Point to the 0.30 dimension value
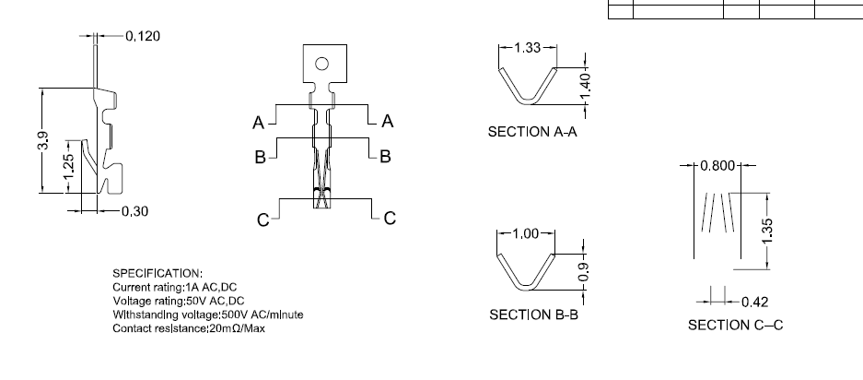click(x=134, y=211)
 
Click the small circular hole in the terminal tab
click(x=321, y=64)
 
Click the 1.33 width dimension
click(x=528, y=48)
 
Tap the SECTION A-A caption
click(x=531, y=132)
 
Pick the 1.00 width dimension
click(x=525, y=233)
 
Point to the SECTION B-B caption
click(x=532, y=315)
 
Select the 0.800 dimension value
click(x=717, y=166)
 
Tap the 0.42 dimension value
click(x=754, y=302)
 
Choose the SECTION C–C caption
click(x=735, y=325)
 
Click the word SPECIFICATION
click(x=157, y=274)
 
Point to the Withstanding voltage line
click(x=208, y=315)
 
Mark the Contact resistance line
click(x=189, y=328)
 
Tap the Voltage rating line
click(x=179, y=301)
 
